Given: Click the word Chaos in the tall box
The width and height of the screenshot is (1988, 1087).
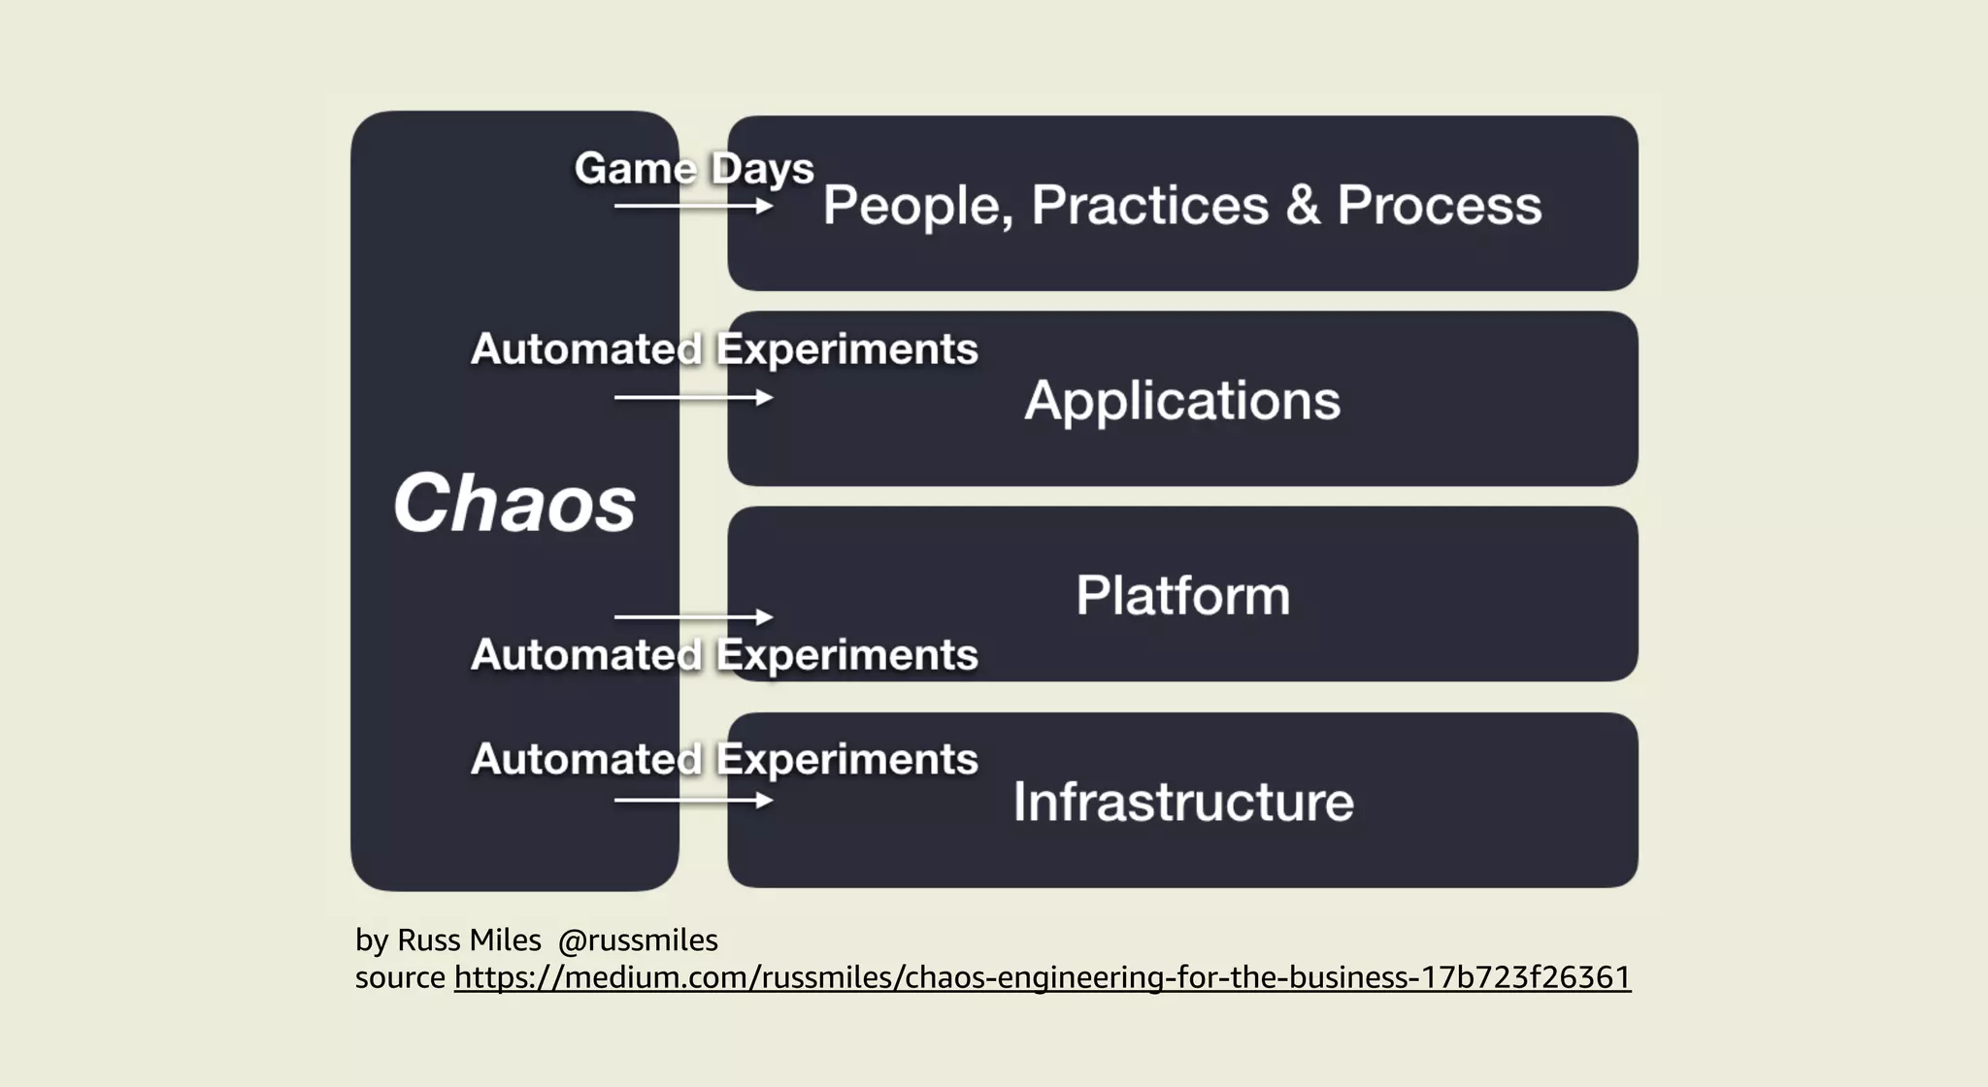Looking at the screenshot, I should coord(514,504).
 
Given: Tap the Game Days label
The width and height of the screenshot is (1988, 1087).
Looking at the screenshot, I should coord(694,169).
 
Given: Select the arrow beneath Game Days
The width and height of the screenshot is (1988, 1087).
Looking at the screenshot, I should coord(693,206).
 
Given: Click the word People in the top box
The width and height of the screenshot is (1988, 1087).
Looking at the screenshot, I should coord(916,206).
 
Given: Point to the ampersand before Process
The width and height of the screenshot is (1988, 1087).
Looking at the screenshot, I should coord(1303,206).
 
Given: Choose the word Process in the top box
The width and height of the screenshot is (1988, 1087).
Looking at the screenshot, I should coord(1439,206).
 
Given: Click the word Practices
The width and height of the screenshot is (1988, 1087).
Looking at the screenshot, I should coord(1149,206).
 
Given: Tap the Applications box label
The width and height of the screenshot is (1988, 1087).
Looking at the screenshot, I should coord(1181,401).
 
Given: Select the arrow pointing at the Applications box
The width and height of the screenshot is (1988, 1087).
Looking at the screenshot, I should coord(693,398).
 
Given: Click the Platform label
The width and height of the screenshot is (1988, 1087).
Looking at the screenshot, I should coord(1182,596).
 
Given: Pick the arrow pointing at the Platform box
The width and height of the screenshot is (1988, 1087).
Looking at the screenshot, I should coord(693,617).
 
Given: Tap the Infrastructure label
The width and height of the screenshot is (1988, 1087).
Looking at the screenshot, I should coord(1182,802).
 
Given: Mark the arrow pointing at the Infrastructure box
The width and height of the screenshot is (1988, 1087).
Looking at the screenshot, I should coord(693,801).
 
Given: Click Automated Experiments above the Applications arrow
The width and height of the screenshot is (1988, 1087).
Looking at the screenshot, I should coord(724,349).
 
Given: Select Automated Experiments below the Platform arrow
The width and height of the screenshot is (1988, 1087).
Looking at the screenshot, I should coord(724,655).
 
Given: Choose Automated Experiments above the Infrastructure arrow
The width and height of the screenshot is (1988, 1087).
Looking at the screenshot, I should coord(724,759).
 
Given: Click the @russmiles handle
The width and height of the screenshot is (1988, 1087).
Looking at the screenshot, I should coord(638,940).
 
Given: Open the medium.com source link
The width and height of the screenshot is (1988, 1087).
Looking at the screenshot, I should coord(1042,977).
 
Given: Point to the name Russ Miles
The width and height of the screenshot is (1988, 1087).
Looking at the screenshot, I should coord(469,940).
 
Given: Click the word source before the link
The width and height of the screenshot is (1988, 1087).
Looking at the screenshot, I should coord(400,977).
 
